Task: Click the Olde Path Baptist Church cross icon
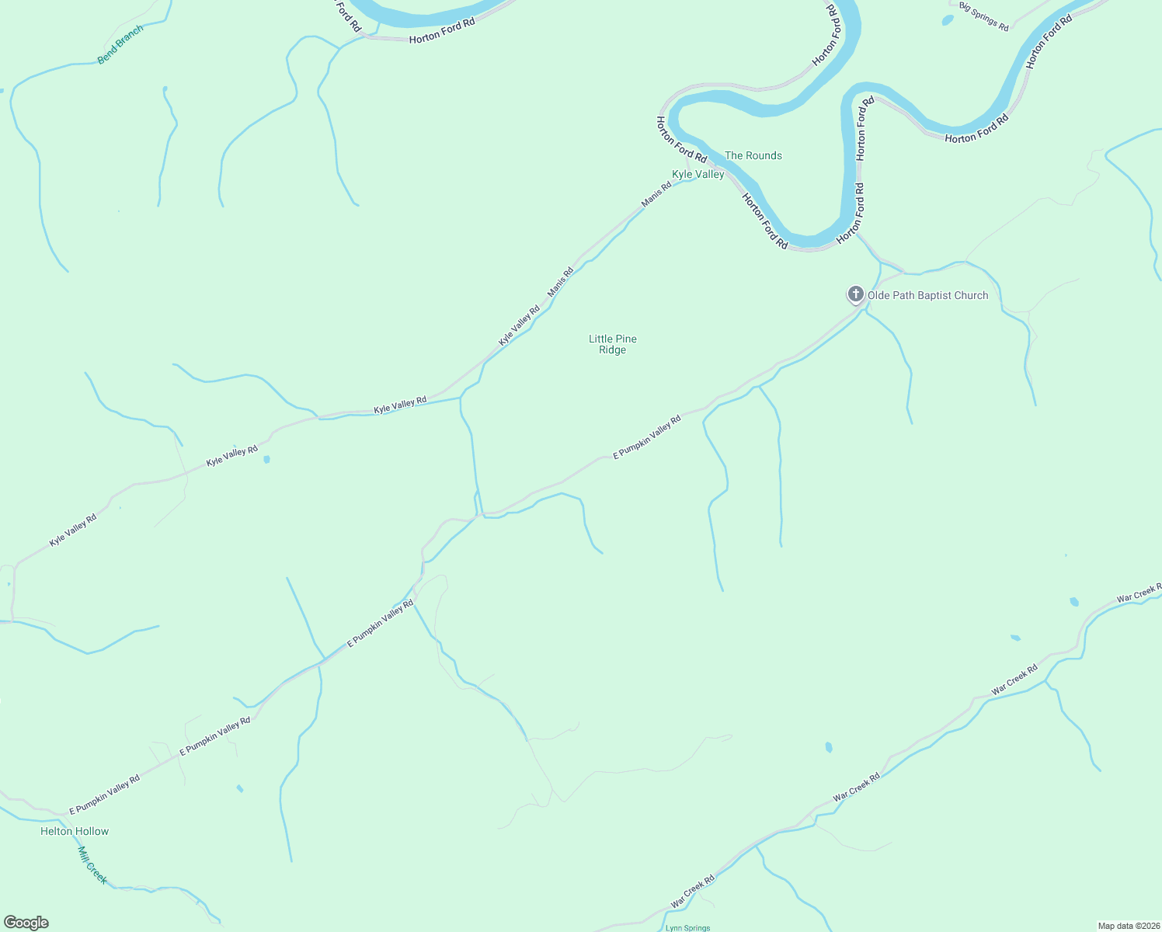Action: [855, 294]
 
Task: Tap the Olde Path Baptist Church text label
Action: [927, 295]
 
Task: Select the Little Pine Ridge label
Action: [612, 344]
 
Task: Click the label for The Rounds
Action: [753, 155]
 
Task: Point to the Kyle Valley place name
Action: [698, 174]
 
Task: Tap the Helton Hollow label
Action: [75, 831]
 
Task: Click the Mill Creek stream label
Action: [92, 864]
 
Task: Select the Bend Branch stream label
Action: [120, 44]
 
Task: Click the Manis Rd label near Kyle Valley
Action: [656, 194]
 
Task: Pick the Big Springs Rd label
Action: [983, 16]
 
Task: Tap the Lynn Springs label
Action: [687, 927]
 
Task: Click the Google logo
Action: [26, 923]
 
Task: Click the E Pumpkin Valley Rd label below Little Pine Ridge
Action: [647, 436]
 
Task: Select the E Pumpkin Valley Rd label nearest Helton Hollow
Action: [104, 795]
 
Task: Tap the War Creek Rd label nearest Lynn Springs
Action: [692, 893]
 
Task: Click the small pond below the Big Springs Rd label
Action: [947, 20]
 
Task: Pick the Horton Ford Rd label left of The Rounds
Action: [681, 139]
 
